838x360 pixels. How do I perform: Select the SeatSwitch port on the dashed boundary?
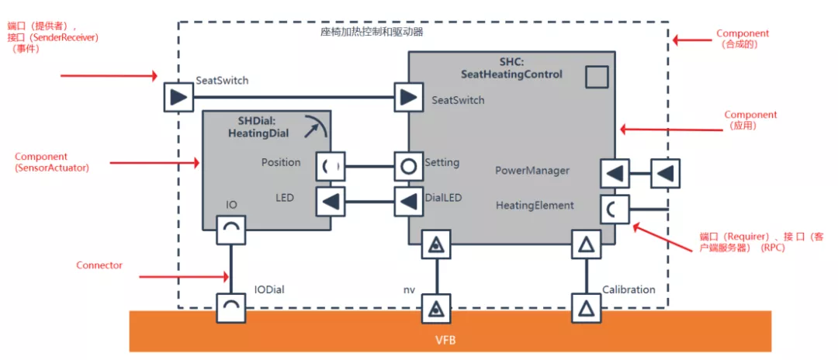point(178,98)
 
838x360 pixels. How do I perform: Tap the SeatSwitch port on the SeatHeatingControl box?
point(409,98)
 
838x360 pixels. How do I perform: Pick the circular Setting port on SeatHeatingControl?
point(409,165)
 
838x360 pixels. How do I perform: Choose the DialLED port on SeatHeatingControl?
point(409,202)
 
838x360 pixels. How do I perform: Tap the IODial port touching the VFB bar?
point(230,308)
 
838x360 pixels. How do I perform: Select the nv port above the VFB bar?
point(436,308)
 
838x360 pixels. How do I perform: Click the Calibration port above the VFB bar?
point(587,308)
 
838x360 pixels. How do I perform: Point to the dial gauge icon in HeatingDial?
point(314,126)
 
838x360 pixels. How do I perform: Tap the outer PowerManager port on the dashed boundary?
point(665,173)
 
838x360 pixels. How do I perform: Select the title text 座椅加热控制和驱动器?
point(372,33)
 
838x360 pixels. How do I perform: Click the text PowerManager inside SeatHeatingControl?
point(532,170)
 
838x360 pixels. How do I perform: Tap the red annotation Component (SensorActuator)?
point(51,162)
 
